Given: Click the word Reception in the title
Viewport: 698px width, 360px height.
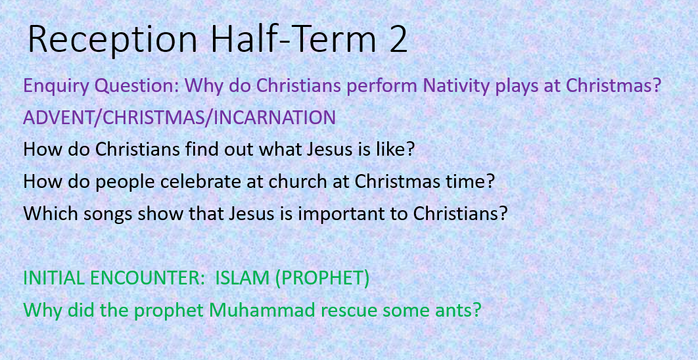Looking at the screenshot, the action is [x=112, y=41].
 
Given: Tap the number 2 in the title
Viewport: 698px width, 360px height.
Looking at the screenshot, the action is [x=395, y=39].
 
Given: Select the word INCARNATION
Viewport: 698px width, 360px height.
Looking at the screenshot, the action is [x=275, y=118].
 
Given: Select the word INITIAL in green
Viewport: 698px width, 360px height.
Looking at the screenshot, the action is [x=53, y=279].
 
